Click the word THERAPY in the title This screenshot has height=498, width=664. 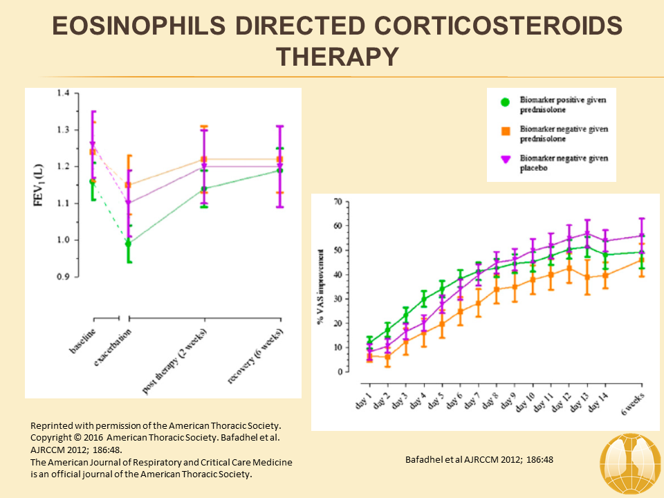pos(331,56)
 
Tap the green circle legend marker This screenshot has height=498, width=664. pos(505,102)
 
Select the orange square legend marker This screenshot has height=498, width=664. pos(505,131)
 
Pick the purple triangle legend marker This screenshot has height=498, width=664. pos(505,160)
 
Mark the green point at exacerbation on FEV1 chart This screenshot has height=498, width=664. pos(128,243)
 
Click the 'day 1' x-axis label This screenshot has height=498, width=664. pos(363,399)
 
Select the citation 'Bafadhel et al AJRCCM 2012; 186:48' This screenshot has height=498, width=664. pos(479,459)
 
